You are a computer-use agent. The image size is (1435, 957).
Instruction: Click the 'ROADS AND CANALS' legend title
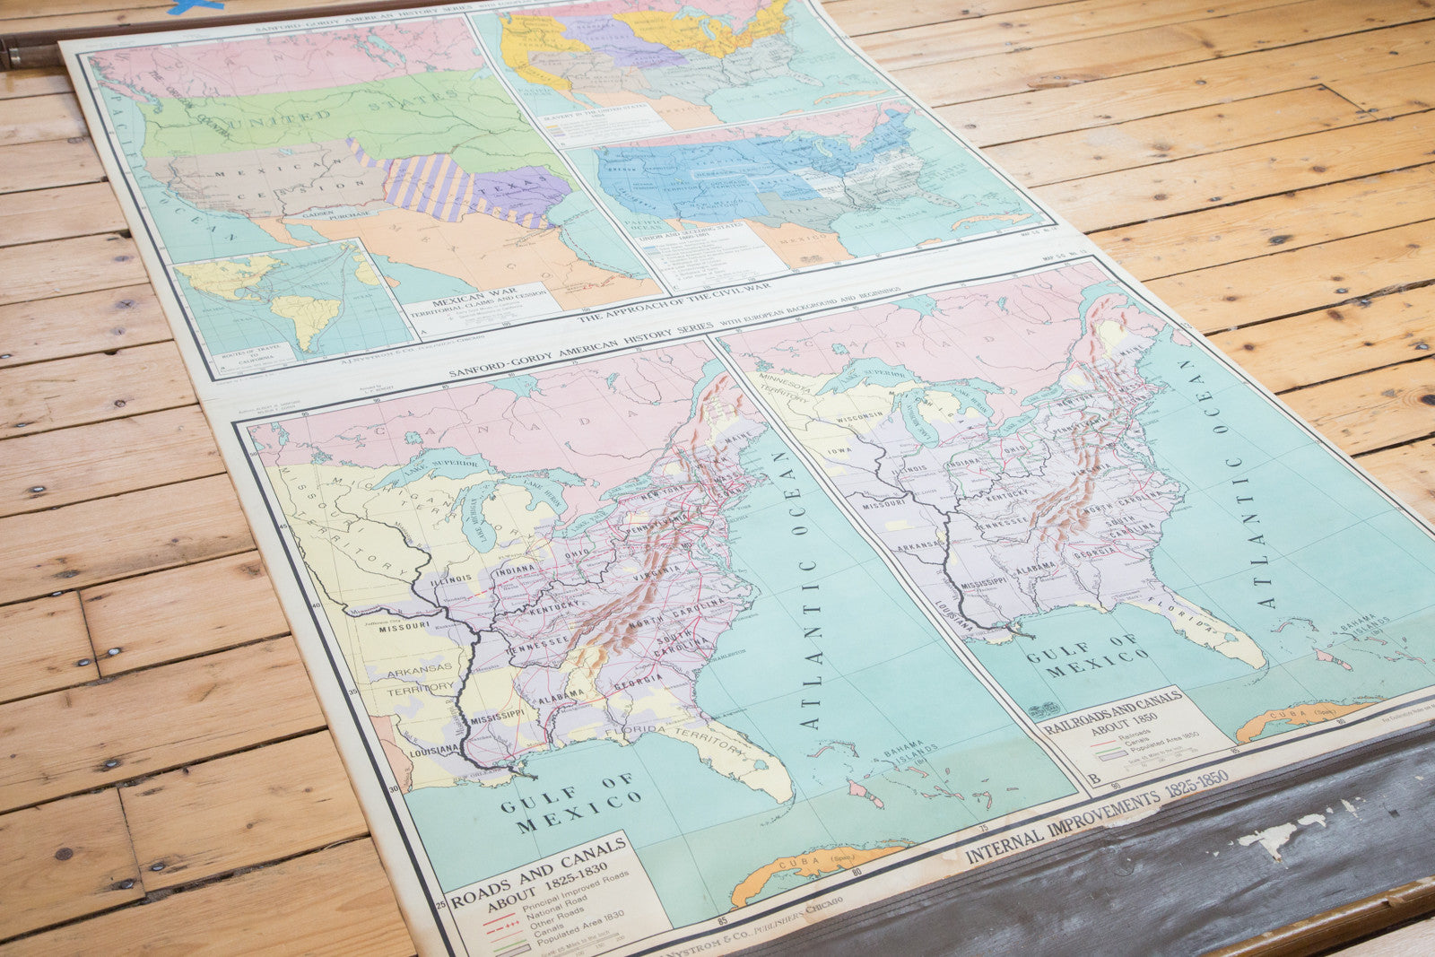538,863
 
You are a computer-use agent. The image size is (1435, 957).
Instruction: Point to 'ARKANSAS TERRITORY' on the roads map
420,677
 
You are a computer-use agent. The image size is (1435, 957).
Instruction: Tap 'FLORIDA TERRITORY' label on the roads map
665,728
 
